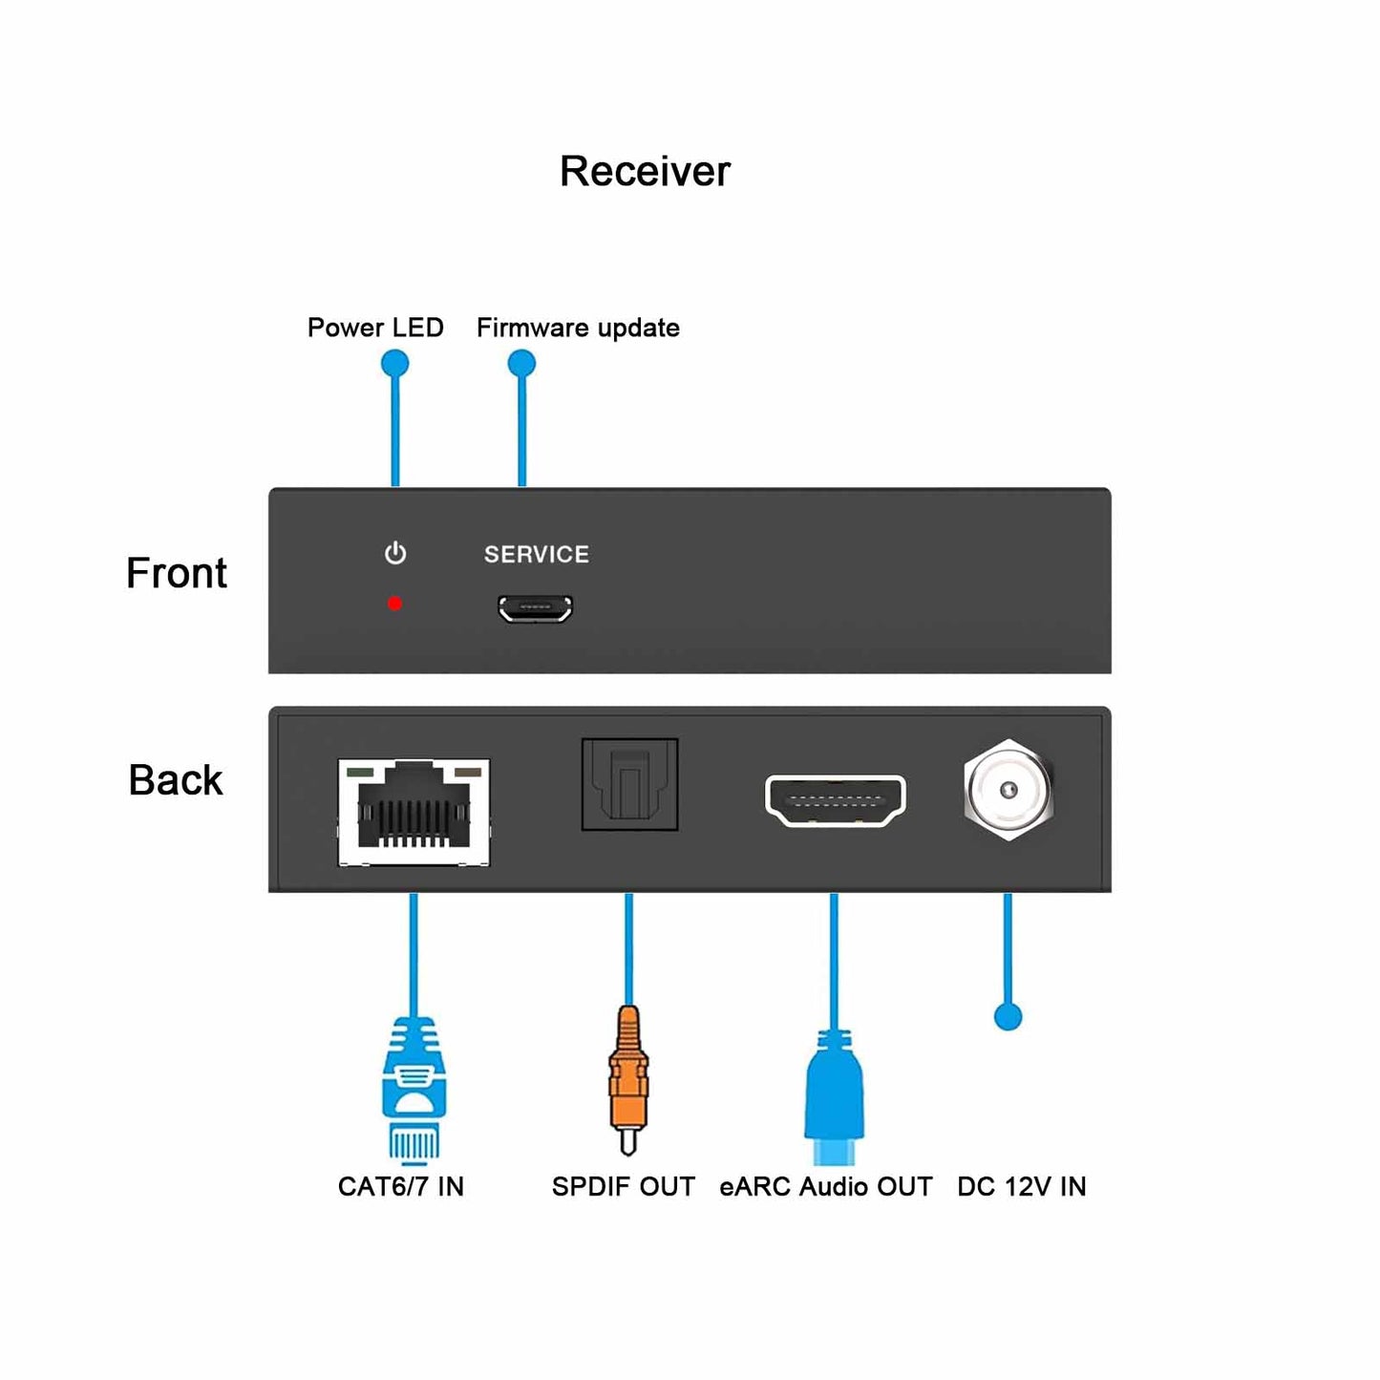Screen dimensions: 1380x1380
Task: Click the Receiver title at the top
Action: [x=645, y=172]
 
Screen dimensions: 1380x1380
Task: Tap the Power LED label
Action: [x=375, y=328]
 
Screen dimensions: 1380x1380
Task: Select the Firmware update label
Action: [x=578, y=328]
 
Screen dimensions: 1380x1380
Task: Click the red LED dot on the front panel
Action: [x=394, y=604]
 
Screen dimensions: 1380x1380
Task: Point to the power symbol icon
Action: [x=395, y=554]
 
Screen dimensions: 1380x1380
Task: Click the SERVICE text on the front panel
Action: [x=536, y=555]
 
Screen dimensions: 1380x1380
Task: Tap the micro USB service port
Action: [x=535, y=608]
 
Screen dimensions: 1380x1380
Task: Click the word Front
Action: [x=177, y=573]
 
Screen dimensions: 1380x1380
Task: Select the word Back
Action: [x=176, y=780]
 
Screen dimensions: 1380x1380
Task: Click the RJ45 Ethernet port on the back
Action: [x=414, y=813]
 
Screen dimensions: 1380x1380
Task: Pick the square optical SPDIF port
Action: [x=629, y=784]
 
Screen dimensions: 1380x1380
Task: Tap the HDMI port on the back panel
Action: [x=835, y=800]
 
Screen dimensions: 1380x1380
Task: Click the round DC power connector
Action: [x=1008, y=790]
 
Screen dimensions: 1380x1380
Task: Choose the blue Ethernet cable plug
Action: [x=414, y=1089]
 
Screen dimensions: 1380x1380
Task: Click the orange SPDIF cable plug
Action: [x=627, y=1079]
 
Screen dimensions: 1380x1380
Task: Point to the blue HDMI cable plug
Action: [x=835, y=1098]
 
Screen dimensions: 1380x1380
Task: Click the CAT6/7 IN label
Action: [x=401, y=1187]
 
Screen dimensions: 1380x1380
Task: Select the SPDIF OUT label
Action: [x=624, y=1187]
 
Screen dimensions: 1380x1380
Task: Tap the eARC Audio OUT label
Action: [x=826, y=1187]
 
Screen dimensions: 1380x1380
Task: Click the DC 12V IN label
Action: [x=1022, y=1187]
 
